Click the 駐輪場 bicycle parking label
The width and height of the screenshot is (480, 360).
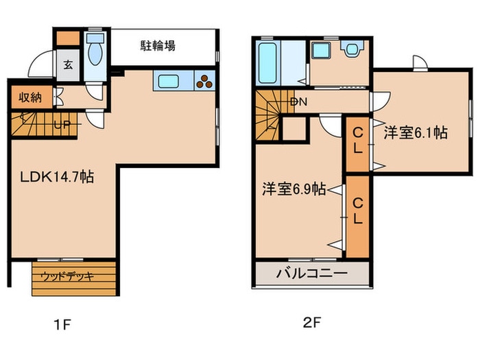(x=158, y=46)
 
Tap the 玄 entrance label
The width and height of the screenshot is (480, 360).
(x=68, y=65)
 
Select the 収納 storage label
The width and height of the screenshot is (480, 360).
(x=30, y=97)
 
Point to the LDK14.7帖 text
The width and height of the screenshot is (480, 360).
(x=57, y=177)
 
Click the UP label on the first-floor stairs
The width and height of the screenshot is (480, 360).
(x=62, y=125)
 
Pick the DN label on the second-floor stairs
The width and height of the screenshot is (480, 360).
(x=298, y=102)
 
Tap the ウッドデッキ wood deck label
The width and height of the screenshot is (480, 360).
(x=67, y=276)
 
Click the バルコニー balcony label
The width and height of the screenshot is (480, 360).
(x=312, y=273)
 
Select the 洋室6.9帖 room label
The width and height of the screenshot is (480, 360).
(x=293, y=189)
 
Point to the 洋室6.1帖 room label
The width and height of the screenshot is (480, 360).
(x=416, y=133)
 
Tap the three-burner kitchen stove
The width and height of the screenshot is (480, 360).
(x=204, y=80)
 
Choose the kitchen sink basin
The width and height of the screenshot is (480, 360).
(x=169, y=82)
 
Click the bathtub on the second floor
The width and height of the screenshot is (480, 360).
(x=267, y=63)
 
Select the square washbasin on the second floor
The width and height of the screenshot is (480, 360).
(x=321, y=50)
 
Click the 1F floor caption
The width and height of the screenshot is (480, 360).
(x=62, y=324)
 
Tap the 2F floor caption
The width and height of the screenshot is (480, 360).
(x=312, y=322)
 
